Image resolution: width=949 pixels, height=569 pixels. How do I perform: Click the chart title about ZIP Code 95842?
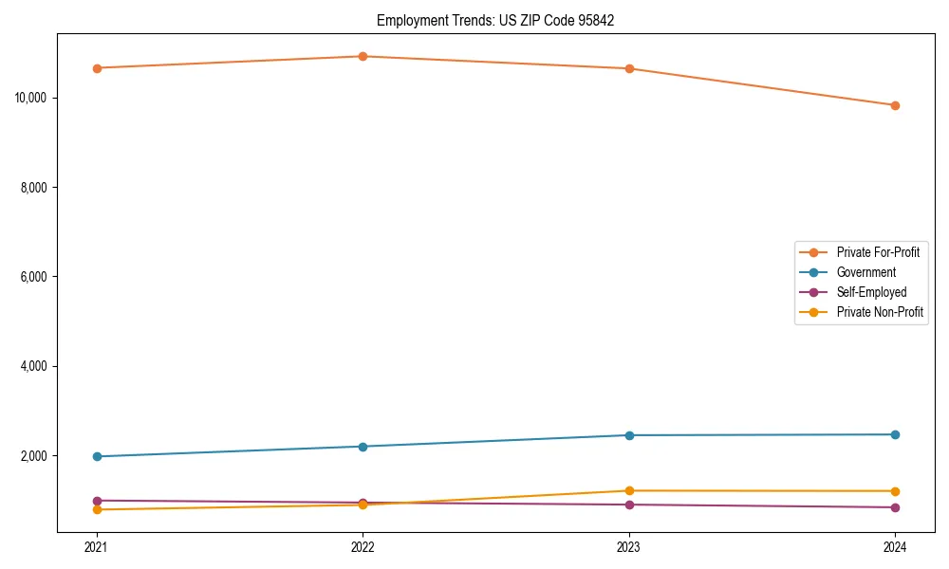[x=495, y=20]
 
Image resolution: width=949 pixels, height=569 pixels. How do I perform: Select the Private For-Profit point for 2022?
[x=363, y=56]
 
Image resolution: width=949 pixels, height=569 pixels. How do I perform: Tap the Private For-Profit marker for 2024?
[x=895, y=105]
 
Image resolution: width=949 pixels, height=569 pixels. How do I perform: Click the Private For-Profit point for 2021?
[x=97, y=68]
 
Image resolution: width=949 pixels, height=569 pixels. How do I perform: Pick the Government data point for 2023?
[x=628, y=435]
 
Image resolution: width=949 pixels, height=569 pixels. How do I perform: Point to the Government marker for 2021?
[x=97, y=456]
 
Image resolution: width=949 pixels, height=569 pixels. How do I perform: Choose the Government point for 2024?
[x=895, y=434]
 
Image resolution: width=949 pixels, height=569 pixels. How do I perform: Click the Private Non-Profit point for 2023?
[x=628, y=490]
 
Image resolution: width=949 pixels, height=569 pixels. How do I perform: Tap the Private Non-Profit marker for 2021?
[x=97, y=509]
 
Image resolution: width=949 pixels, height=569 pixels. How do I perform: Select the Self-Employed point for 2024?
[x=895, y=507]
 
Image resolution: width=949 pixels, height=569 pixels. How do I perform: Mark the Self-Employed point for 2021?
[x=97, y=500]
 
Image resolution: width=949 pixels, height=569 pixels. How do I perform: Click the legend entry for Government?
[x=865, y=272]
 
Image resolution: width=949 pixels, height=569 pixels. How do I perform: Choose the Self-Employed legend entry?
[x=871, y=292]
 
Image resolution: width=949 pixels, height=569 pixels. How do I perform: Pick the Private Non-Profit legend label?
[x=880, y=312]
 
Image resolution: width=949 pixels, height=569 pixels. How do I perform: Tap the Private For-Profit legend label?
[x=878, y=252]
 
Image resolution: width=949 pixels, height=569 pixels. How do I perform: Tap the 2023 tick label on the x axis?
[x=628, y=546]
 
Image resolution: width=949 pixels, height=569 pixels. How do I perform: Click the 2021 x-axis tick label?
[x=97, y=546]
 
